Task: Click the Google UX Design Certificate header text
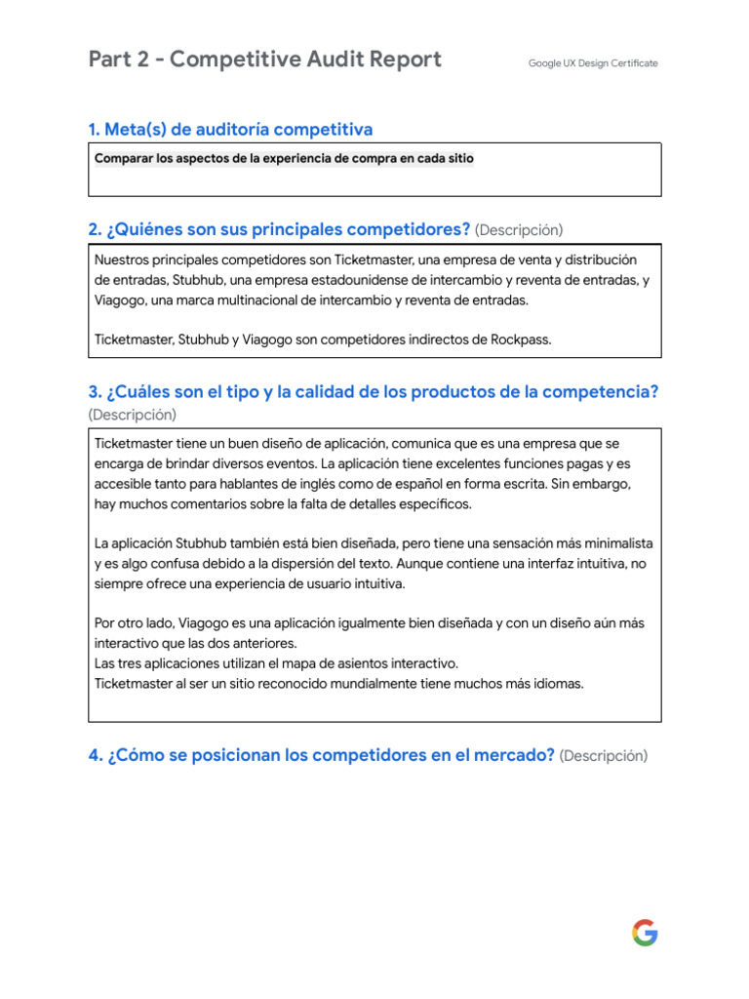click(x=593, y=63)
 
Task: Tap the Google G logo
click(x=645, y=933)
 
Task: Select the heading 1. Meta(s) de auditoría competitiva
click(x=230, y=130)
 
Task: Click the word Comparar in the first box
click(x=124, y=159)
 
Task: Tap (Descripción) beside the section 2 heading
click(x=519, y=230)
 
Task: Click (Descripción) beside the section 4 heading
click(x=604, y=756)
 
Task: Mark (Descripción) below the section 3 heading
click(x=133, y=415)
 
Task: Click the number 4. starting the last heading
click(x=95, y=755)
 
